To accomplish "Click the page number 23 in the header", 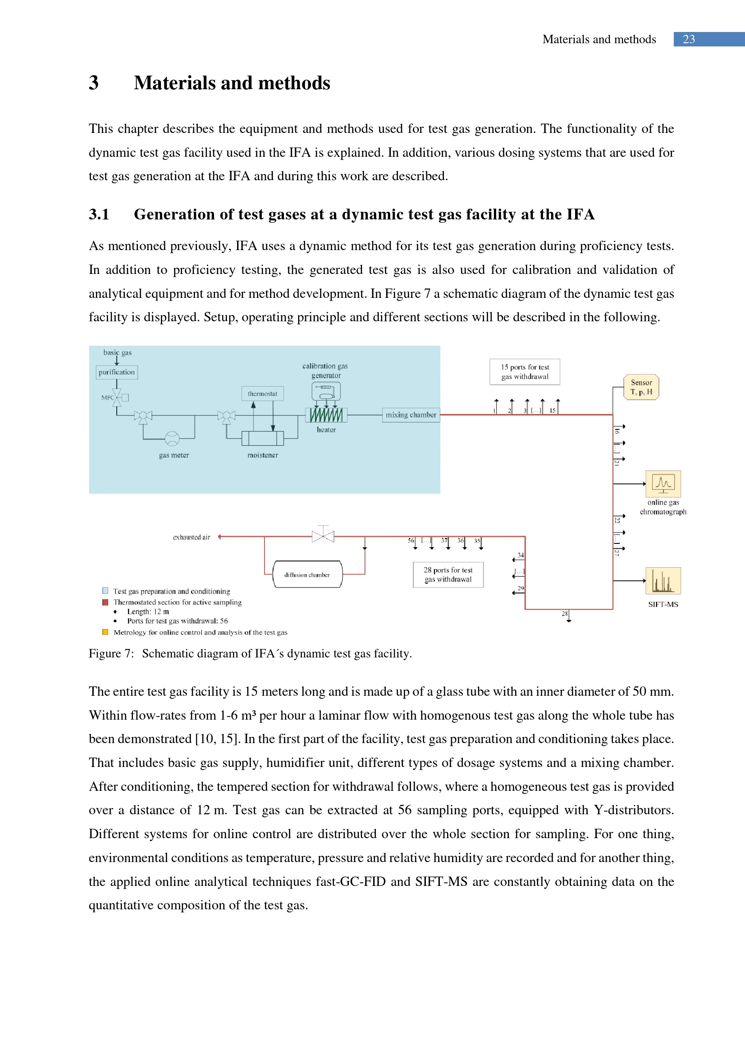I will pyautogui.click(x=689, y=40).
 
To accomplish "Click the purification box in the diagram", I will pyautogui.click(x=117, y=372).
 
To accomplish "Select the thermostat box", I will pyautogui.click(x=263, y=393).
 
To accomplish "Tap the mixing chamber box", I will pyautogui.click(x=411, y=415).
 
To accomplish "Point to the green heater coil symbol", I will pyautogui.click(x=326, y=415).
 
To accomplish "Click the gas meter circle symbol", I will pyautogui.click(x=172, y=438).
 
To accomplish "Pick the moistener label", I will pyautogui.click(x=263, y=455).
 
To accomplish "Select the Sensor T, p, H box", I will pyautogui.click(x=641, y=387).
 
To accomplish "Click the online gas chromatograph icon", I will pyautogui.click(x=663, y=484).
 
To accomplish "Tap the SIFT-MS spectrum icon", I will pyautogui.click(x=663, y=581).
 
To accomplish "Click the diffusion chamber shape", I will pyautogui.click(x=307, y=574).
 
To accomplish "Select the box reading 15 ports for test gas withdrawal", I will pyautogui.click(x=525, y=372).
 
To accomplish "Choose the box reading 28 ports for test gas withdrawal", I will pyautogui.click(x=448, y=575).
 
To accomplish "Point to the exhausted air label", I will pyautogui.click(x=192, y=537).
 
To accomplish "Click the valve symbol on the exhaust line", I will pyautogui.click(x=323, y=536).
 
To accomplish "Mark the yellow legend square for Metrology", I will pyautogui.click(x=105, y=632).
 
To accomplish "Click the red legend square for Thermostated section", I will pyautogui.click(x=105, y=602).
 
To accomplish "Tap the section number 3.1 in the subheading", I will pyautogui.click(x=99, y=214).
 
